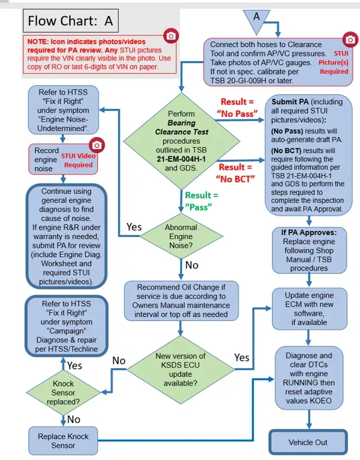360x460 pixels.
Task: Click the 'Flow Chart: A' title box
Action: (x=71, y=21)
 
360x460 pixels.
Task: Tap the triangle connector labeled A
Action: (x=257, y=20)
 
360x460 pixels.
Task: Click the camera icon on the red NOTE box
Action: (x=171, y=36)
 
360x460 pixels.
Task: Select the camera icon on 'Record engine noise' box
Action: (x=97, y=145)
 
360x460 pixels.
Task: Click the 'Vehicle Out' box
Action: (x=308, y=442)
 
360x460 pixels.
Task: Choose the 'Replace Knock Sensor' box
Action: (x=63, y=441)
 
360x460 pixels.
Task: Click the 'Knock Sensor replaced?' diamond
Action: (x=63, y=393)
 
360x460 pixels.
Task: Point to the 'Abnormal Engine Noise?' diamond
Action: (x=181, y=236)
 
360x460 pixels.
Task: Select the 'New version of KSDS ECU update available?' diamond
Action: (x=181, y=369)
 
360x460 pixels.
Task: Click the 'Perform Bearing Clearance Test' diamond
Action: (x=181, y=141)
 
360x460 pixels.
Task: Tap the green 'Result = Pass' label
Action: (x=201, y=201)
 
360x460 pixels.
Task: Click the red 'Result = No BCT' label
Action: (x=236, y=173)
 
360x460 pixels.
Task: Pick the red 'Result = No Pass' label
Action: (x=237, y=107)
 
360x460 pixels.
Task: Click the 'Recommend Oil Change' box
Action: (x=181, y=301)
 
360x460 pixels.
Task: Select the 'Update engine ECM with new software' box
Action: (x=309, y=309)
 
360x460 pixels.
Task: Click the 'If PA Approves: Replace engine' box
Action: (x=309, y=250)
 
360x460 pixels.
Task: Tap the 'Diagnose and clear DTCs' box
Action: (x=309, y=378)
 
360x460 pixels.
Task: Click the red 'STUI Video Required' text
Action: (x=78, y=160)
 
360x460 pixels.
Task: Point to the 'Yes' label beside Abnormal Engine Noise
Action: (x=134, y=227)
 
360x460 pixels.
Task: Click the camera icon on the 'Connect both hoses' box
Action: (x=350, y=40)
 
